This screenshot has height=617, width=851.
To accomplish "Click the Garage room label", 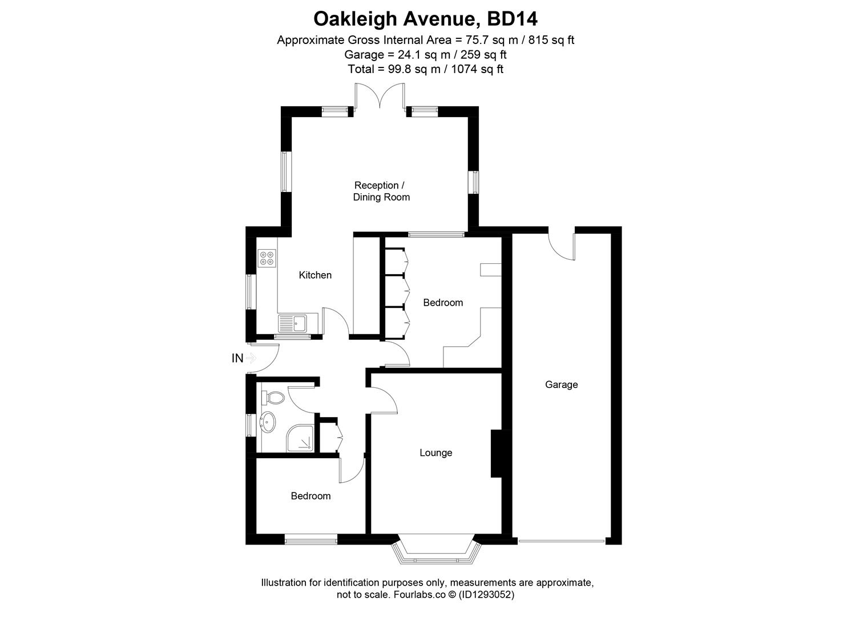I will pyautogui.click(x=561, y=384).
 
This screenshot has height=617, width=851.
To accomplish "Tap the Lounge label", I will pyautogui.click(x=435, y=452).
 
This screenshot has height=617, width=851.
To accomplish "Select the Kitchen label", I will pyautogui.click(x=315, y=275).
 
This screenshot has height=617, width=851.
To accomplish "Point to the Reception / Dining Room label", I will pyautogui.click(x=380, y=191).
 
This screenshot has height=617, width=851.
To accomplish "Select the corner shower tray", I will pyautogui.click(x=300, y=438).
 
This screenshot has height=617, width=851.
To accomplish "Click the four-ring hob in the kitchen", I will pyautogui.click(x=267, y=258).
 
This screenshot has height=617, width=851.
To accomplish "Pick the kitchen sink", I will pyautogui.click(x=293, y=324).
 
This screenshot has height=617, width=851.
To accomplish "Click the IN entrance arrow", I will pyautogui.click(x=251, y=358).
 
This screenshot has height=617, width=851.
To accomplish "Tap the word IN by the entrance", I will pyautogui.click(x=237, y=358).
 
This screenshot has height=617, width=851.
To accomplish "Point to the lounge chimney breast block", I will pyautogui.click(x=495, y=453).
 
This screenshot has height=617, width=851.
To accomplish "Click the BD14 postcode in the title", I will pyautogui.click(x=512, y=19).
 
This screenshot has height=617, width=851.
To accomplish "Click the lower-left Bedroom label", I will pyautogui.click(x=310, y=496).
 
